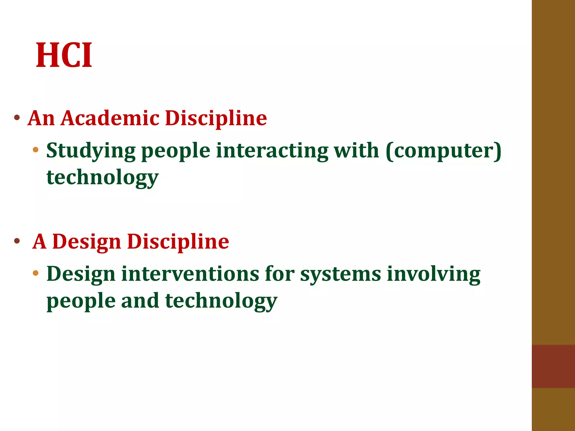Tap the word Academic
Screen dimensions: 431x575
point(110,118)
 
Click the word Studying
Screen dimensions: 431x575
point(91,151)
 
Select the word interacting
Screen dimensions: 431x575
point(272,150)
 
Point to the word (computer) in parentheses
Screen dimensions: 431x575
point(444,151)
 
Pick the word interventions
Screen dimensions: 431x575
point(190,274)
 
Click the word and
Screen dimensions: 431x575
point(140,301)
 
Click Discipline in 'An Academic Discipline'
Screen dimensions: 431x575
point(216,118)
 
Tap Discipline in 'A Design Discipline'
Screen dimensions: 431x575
point(178,242)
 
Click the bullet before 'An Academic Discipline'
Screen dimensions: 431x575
point(17,118)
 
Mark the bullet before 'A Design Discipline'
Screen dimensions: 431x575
point(17,241)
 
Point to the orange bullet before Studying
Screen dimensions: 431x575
point(35,150)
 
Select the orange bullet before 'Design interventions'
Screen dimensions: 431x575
point(35,273)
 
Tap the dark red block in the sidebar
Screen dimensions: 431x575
point(553,366)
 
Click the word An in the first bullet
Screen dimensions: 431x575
point(41,118)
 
